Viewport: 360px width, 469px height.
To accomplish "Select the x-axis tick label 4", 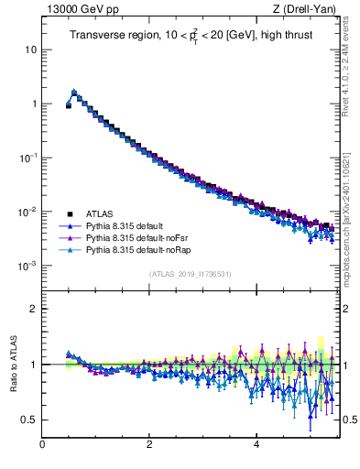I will [256, 445].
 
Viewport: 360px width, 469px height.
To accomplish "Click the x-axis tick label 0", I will [42, 445].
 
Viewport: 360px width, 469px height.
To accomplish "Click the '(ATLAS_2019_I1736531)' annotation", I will [189, 275].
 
